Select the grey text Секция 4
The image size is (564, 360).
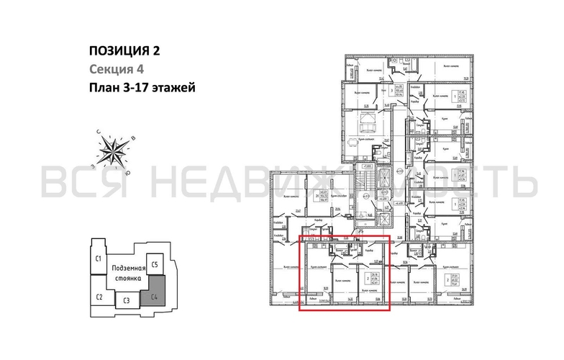114,69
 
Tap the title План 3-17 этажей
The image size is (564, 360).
141,88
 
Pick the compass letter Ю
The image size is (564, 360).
128,173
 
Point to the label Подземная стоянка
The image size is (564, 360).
127,273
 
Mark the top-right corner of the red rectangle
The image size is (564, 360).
389,236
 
